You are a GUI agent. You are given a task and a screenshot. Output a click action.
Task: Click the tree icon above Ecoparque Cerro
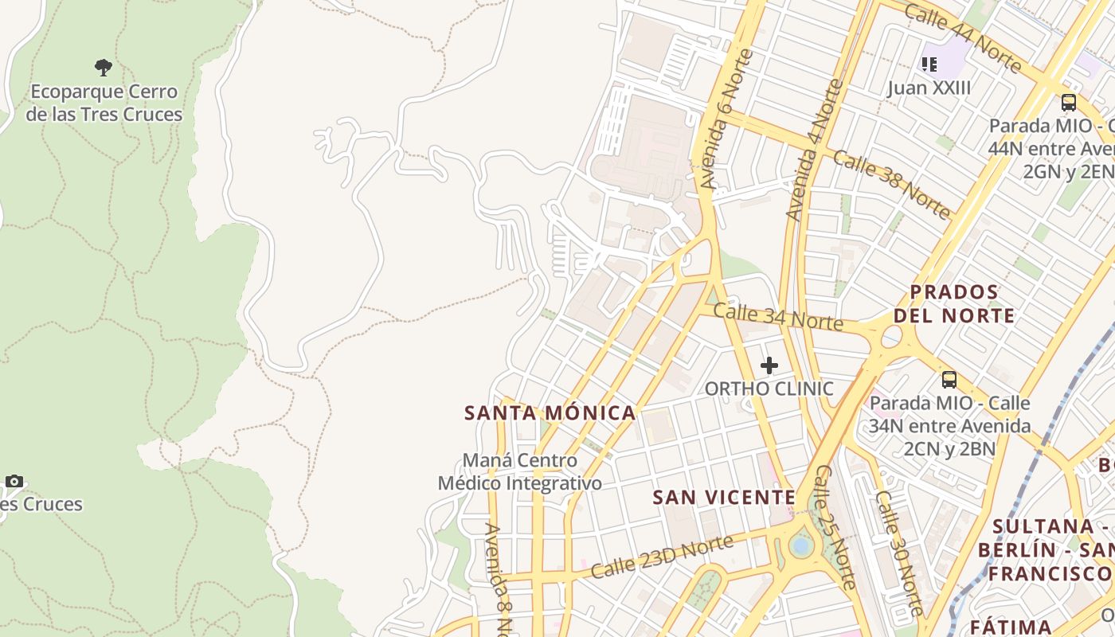coord(103,67)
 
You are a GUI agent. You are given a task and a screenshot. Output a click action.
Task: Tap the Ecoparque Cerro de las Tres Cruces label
coord(104,104)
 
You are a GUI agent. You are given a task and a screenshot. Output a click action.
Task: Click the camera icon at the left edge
coord(14,481)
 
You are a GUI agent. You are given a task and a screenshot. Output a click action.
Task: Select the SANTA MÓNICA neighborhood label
coord(550,413)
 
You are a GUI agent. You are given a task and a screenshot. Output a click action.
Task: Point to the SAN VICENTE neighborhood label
coord(724,498)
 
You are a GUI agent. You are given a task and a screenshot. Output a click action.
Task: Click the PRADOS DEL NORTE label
coord(954,304)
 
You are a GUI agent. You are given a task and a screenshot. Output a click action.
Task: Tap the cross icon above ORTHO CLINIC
coord(769,365)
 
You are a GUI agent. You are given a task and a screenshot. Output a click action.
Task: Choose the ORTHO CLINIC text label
coord(769,389)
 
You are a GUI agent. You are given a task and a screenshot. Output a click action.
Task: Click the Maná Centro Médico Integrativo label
coord(520,472)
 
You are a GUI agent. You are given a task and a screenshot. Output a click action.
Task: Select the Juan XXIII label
coord(929,88)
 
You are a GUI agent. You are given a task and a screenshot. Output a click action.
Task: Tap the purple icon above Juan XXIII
coord(929,63)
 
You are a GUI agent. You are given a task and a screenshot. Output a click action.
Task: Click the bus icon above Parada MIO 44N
coord(1069,102)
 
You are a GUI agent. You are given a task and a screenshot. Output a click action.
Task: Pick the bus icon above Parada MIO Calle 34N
coord(949,379)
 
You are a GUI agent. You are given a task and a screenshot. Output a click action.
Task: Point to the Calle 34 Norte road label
coord(777,317)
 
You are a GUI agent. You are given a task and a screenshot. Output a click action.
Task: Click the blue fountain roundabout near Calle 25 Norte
coord(800,546)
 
